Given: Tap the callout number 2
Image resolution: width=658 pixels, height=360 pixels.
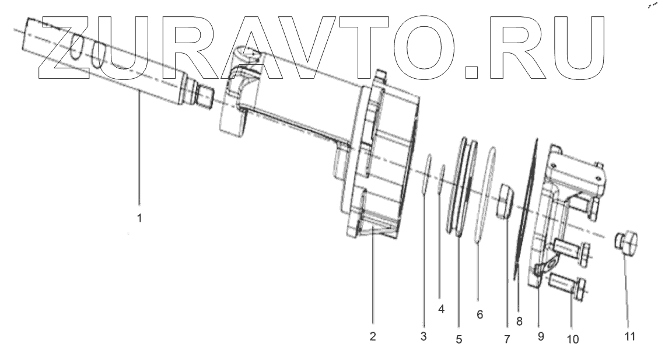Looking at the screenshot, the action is click(x=373, y=336).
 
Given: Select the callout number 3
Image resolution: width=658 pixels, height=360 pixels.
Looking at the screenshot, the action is click(x=423, y=336).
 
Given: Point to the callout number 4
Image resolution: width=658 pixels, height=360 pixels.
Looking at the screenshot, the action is click(x=442, y=309).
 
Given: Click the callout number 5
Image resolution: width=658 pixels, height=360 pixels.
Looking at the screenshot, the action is click(x=459, y=338).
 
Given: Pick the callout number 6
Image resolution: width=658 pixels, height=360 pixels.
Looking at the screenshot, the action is click(x=480, y=314).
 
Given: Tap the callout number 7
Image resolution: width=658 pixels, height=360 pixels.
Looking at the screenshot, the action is click(x=506, y=338).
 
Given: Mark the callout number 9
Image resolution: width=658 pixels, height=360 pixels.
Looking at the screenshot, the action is click(x=541, y=336).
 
